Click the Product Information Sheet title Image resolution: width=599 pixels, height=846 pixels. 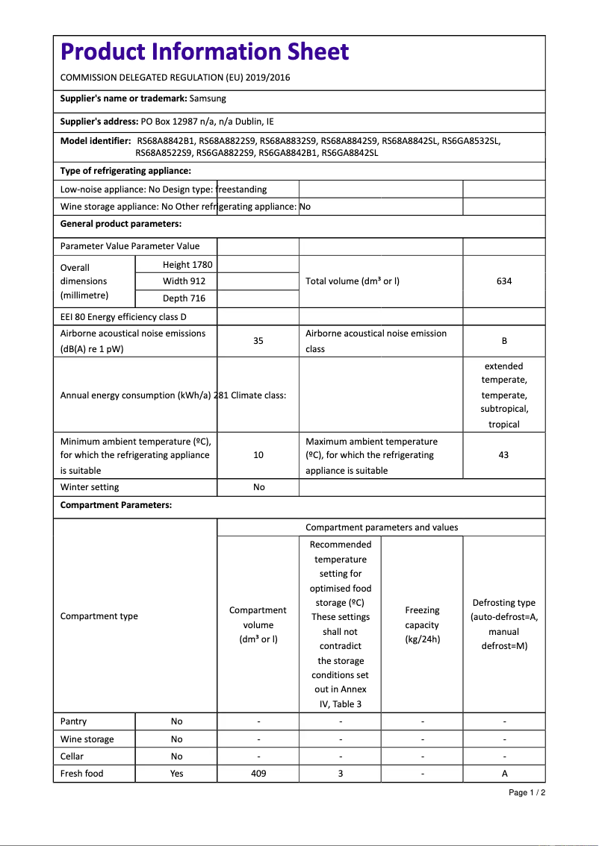205,51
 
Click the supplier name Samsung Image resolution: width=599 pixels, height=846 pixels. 208,98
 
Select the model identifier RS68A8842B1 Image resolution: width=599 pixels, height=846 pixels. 166,140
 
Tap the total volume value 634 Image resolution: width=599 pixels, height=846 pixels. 504,281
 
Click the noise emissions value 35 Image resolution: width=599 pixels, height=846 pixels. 258,341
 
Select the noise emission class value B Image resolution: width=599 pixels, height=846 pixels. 504,341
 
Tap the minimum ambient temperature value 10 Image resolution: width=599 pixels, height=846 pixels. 258,455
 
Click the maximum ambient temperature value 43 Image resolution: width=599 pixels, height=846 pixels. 503,455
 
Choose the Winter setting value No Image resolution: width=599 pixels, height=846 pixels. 258,487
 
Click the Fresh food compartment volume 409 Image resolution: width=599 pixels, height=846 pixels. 258,774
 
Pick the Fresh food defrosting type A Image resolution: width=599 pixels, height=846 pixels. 504,774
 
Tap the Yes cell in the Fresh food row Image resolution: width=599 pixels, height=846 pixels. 176,774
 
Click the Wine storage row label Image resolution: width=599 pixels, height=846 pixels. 87,739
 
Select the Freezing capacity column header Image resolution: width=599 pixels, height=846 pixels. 422,624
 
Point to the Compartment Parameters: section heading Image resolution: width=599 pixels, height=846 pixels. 116,505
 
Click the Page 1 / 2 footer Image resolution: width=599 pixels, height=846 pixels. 527,792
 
